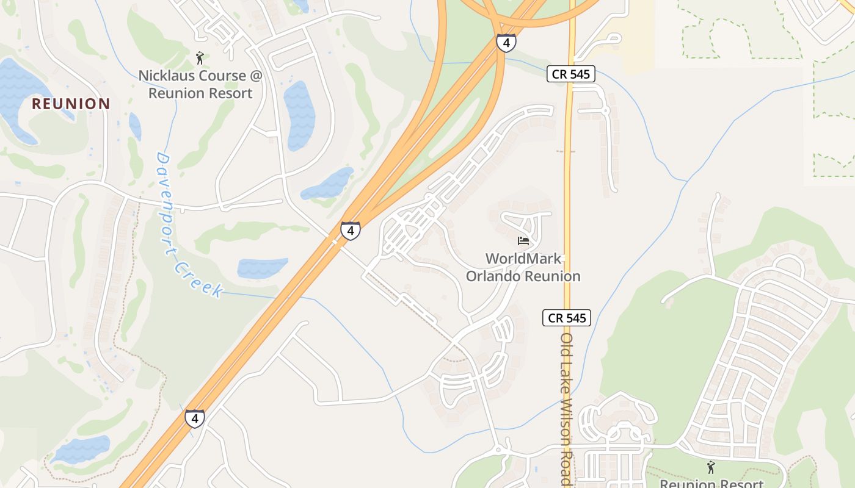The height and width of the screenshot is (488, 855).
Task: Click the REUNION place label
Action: point(71,104)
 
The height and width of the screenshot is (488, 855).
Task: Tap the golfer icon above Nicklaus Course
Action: point(200,58)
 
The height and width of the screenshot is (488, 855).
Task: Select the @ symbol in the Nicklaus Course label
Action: point(255,76)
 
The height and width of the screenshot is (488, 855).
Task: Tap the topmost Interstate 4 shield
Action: point(506,43)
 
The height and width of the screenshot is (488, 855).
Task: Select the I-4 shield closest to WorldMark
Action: point(350,231)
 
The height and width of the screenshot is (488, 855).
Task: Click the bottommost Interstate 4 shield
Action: point(195,418)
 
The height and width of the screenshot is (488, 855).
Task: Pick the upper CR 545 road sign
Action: point(570,74)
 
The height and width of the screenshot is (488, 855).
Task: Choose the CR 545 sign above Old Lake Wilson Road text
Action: point(566,318)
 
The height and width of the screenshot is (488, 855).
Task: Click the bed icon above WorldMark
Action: point(523,241)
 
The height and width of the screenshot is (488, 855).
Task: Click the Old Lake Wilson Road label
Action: point(566,409)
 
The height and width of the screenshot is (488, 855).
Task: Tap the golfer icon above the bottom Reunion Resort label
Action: point(710,468)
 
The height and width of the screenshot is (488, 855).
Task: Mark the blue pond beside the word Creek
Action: point(262,268)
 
